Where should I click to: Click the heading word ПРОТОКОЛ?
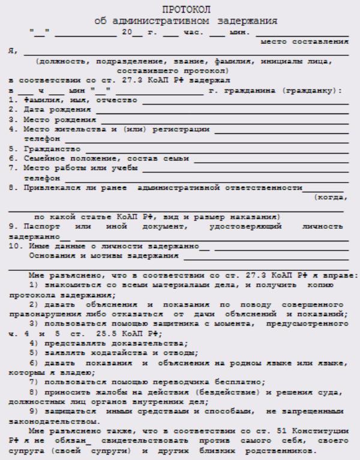(180, 10)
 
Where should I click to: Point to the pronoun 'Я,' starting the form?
(11, 52)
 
